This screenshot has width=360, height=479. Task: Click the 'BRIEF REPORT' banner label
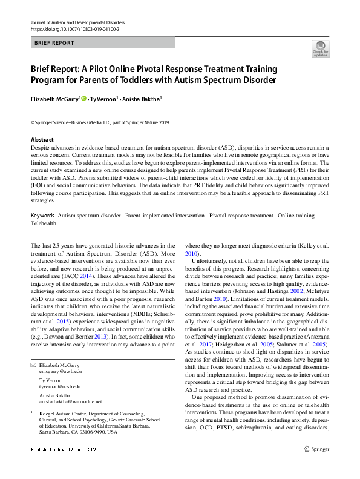click(x=54, y=43)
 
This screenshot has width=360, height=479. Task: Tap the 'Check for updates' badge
click(x=320, y=48)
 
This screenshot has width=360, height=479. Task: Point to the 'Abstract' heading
click(x=42, y=140)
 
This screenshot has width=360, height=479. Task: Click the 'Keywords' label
click(x=42, y=216)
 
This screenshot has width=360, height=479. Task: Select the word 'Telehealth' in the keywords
click(x=44, y=223)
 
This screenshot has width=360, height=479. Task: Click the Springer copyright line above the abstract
click(x=100, y=122)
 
